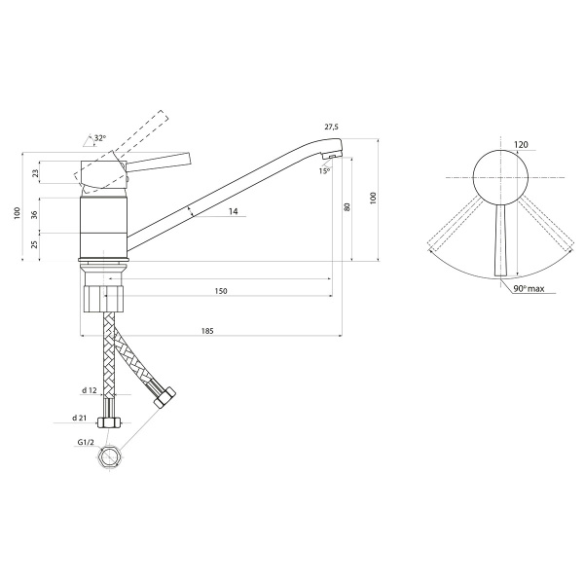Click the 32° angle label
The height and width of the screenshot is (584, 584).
pyautogui.click(x=100, y=138)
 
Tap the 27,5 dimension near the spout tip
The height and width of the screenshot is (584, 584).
pyautogui.click(x=331, y=127)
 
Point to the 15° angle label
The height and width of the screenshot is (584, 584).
pyautogui.click(x=324, y=171)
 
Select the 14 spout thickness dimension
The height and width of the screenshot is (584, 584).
pyautogui.click(x=234, y=211)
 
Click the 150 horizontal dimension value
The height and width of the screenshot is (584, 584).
pyautogui.click(x=221, y=291)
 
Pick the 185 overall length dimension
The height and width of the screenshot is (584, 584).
pyautogui.click(x=207, y=331)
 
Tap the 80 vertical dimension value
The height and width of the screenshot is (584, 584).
pyautogui.click(x=347, y=207)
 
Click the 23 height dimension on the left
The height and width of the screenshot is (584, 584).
pyautogui.click(x=35, y=173)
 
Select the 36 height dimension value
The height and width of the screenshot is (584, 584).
pyautogui.click(x=35, y=215)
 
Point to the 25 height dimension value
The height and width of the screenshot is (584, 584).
pyautogui.click(x=35, y=244)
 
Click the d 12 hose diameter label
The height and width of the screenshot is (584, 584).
pyautogui.click(x=90, y=390)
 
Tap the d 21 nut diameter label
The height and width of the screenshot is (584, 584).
pyautogui.click(x=80, y=418)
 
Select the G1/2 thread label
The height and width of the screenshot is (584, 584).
pyautogui.click(x=86, y=443)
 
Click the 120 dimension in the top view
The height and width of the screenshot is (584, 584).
pyautogui.click(x=521, y=144)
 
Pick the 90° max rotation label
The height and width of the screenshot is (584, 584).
pyautogui.click(x=529, y=289)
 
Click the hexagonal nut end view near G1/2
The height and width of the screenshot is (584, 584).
pyautogui.click(x=110, y=457)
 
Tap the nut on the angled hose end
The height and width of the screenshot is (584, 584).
pyautogui.click(x=164, y=397)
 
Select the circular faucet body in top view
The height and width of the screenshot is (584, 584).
pyautogui.click(x=500, y=177)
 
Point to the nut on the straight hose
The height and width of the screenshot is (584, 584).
pyautogui.click(x=109, y=422)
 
